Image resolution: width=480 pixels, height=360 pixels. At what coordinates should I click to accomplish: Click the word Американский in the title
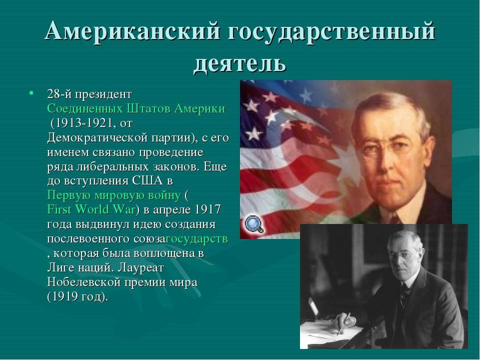click(132, 30)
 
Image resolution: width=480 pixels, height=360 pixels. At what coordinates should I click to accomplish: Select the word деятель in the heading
click(239, 63)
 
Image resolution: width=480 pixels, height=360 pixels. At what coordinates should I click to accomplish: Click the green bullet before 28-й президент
click(31, 92)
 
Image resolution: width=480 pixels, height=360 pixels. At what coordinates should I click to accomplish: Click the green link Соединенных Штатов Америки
click(136, 108)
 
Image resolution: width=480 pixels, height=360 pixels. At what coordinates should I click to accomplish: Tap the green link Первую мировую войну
click(114, 195)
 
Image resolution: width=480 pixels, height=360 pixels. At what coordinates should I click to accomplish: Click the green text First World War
click(91, 209)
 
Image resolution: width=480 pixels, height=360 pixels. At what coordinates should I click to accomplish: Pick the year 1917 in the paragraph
click(207, 209)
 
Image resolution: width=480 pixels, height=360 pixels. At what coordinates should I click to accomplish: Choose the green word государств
click(197, 239)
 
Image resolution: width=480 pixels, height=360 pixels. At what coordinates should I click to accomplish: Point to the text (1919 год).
click(78, 297)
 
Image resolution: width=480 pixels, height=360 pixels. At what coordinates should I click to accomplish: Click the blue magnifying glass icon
click(254, 224)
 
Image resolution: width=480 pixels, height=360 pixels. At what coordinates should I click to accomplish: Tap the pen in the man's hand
click(343, 323)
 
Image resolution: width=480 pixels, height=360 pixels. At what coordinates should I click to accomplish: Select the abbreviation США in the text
click(147, 180)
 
